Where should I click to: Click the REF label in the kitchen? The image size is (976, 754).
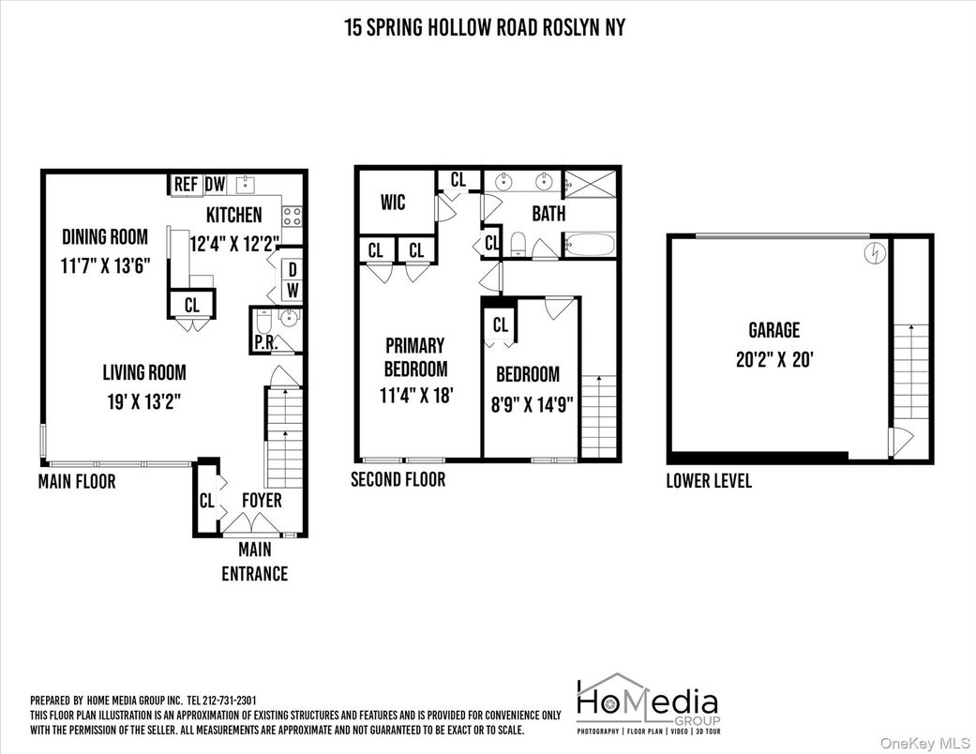(x=186, y=185)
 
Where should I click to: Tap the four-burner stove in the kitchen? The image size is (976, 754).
(x=292, y=217)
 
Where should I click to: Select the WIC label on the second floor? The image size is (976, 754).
(x=393, y=203)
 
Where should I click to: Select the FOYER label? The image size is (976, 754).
(x=262, y=501)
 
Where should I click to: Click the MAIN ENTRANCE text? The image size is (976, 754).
(x=254, y=562)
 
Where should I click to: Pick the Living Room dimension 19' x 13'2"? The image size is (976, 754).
(x=143, y=401)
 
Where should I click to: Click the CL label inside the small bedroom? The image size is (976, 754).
(x=500, y=325)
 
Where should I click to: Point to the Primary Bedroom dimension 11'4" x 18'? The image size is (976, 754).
(x=413, y=395)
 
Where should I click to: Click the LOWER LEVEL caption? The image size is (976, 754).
(x=709, y=482)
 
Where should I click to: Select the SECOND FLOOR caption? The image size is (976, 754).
(x=398, y=480)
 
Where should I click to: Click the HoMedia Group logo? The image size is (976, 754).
(x=646, y=703)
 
